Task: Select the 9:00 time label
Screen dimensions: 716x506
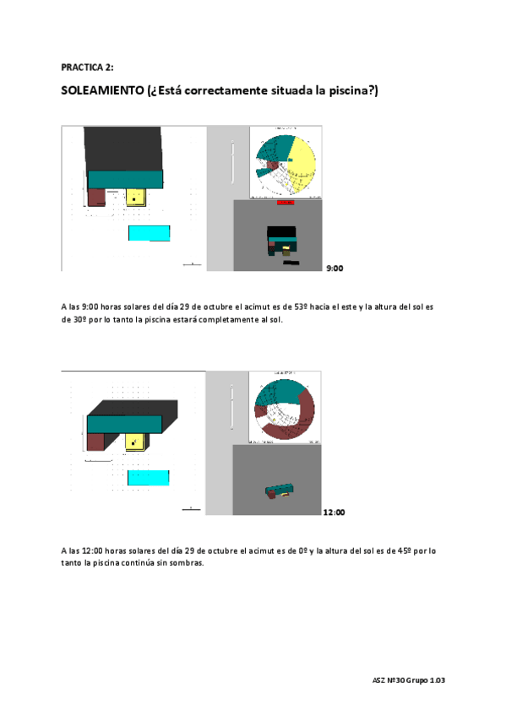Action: click(x=335, y=268)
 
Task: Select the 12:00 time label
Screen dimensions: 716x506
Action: click(x=334, y=512)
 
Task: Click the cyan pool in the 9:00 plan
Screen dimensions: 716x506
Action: click(x=149, y=233)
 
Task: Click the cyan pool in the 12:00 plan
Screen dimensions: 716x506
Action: click(x=149, y=478)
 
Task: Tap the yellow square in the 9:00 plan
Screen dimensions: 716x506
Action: click(x=136, y=198)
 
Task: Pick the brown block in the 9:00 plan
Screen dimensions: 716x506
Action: click(x=96, y=196)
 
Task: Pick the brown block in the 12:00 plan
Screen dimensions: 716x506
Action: click(x=95, y=441)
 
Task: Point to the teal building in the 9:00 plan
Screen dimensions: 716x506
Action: click(x=125, y=178)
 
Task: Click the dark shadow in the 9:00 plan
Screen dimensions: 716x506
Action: click(x=122, y=147)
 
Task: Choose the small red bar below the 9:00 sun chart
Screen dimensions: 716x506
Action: click(x=285, y=202)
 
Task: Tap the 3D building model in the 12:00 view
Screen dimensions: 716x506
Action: click(x=280, y=492)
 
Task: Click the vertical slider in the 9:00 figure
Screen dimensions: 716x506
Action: click(x=231, y=160)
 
